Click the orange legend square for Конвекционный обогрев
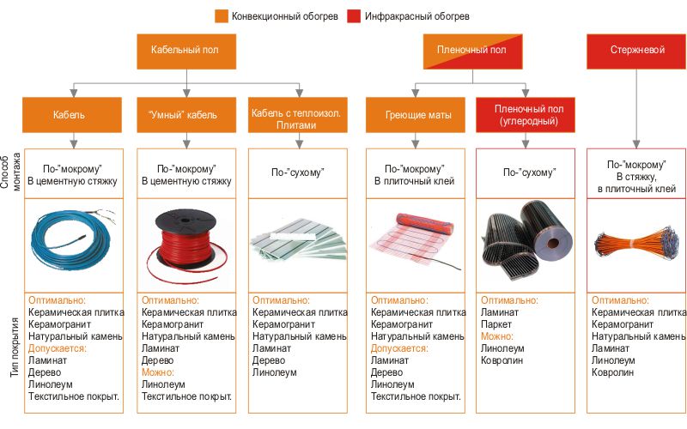pos(222,15)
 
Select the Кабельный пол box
pos(184,51)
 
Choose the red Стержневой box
pos(635,51)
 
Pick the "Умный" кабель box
pos(184,114)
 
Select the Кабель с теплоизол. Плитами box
pos(295,114)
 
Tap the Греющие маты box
pos(413,114)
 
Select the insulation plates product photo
pos(295,240)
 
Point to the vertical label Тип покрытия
pos(9,349)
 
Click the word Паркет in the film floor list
pos(496,325)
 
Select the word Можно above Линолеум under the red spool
pos(158,372)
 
